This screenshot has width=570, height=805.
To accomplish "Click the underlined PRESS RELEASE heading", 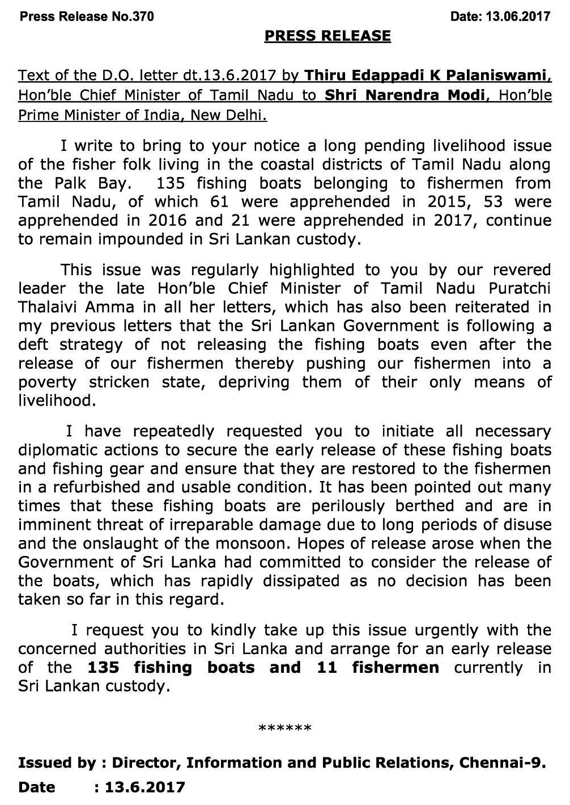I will click(x=327, y=36).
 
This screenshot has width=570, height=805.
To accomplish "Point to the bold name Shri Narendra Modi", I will click(x=406, y=95).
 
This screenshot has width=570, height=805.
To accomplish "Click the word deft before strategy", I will click(x=33, y=344).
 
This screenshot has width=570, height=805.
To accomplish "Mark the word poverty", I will click(x=47, y=382).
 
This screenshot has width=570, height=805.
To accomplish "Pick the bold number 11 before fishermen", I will click(x=327, y=667).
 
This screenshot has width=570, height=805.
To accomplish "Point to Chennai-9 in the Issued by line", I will click(x=502, y=763).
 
